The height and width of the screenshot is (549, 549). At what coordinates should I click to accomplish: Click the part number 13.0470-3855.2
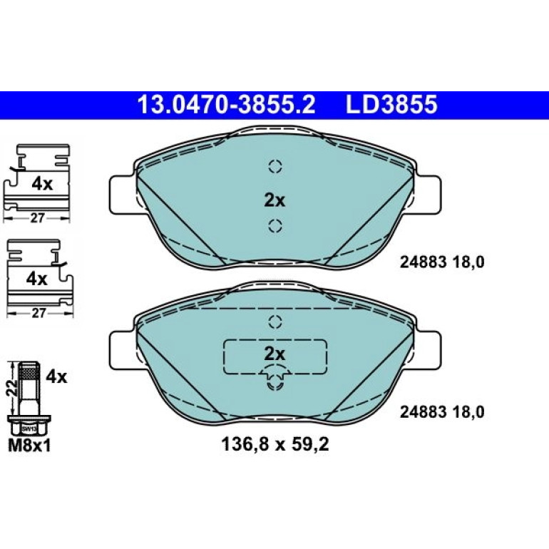[227, 105]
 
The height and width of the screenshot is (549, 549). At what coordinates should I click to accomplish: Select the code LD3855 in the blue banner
[391, 105]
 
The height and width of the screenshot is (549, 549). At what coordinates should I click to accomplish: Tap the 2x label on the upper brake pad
[274, 200]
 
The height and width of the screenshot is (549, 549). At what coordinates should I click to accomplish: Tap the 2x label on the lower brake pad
[274, 354]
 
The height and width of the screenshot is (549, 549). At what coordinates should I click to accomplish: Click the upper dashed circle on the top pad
[275, 166]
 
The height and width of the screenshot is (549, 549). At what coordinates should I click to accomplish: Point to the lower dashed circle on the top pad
[275, 225]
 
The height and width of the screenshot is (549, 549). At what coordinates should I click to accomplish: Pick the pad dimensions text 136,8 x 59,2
[274, 445]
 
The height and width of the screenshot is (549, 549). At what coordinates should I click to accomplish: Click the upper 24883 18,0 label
[442, 262]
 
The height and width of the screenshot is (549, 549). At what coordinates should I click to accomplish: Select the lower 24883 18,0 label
[442, 412]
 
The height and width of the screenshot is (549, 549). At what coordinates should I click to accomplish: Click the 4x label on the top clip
[42, 184]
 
